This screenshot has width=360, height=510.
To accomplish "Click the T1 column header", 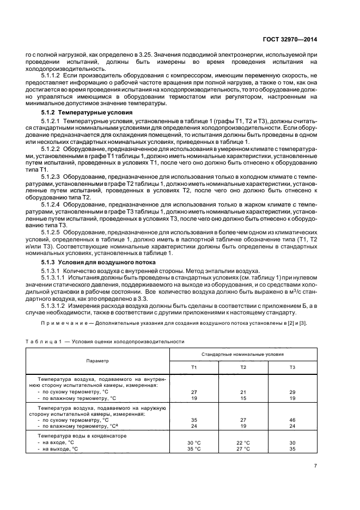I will [x=194, y=367].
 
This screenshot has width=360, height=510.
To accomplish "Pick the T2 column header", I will [x=243, y=367].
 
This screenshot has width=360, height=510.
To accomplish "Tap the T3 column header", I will [x=292, y=367].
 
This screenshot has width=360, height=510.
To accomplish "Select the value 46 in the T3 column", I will [x=292, y=420].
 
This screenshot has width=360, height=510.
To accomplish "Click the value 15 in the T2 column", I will [x=243, y=398].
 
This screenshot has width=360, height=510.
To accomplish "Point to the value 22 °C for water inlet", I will [x=243, y=442].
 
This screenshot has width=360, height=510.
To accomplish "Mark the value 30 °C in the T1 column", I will [x=194, y=442].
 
